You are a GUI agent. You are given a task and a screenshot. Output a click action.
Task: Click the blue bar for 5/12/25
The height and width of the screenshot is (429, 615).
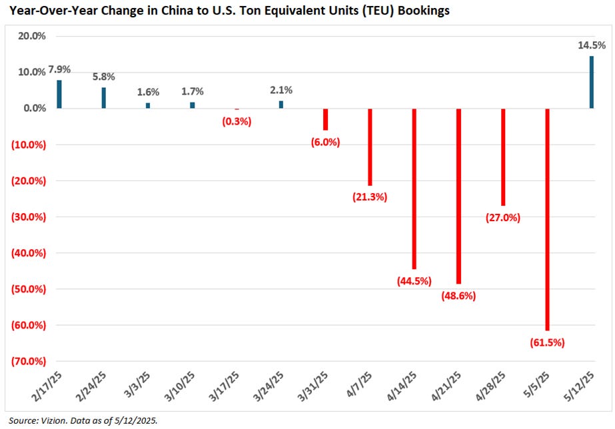(x=591, y=82)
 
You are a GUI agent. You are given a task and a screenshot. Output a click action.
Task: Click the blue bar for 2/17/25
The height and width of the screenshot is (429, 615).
(x=59, y=94)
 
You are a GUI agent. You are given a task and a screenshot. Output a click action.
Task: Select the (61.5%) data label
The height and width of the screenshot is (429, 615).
(x=547, y=342)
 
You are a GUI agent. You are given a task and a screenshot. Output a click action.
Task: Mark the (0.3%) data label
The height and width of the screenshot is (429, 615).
(x=237, y=121)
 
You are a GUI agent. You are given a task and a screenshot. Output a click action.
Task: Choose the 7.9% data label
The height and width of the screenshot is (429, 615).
(x=58, y=69)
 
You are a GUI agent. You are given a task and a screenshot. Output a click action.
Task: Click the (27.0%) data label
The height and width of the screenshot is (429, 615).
(x=503, y=217)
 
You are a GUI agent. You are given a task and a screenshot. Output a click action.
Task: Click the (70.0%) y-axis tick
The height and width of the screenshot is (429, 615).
(x=27, y=362)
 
